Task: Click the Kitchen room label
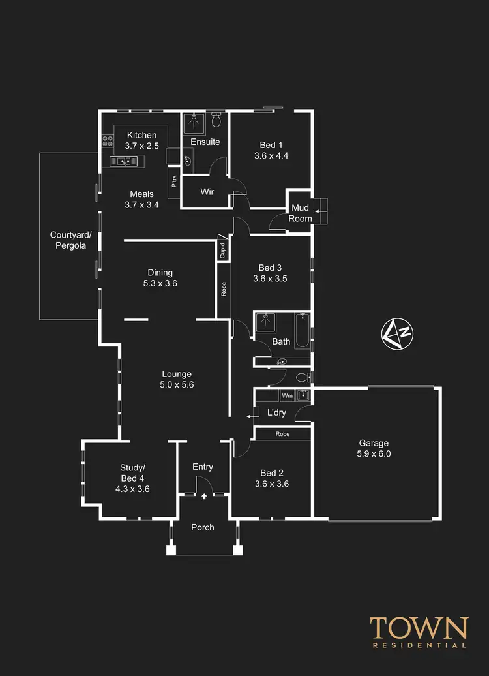pyautogui.click(x=141, y=135)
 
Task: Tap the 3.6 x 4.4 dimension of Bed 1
pyautogui.click(x=271, y=156)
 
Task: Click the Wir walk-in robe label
pyautogui.click(x=207, y=192)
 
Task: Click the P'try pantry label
pyautogui.click(x=174, y=182)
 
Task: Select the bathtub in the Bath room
pyautogui.click(x=301, y=331)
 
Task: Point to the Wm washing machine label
pyautogui.click(x=287, y=395)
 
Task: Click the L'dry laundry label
pyautogui.click(x=277, y=412)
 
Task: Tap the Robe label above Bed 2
pyautogui.click(x=282, y=434)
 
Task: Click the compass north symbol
pyautogui.click(x=397, y=333)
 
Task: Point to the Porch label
pyautogui.click(x=202, y=527)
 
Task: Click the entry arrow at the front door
pyautogui.click(x=204, y=497)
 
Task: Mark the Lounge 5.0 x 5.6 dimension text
pyautogui.click(x=177, y=385)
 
